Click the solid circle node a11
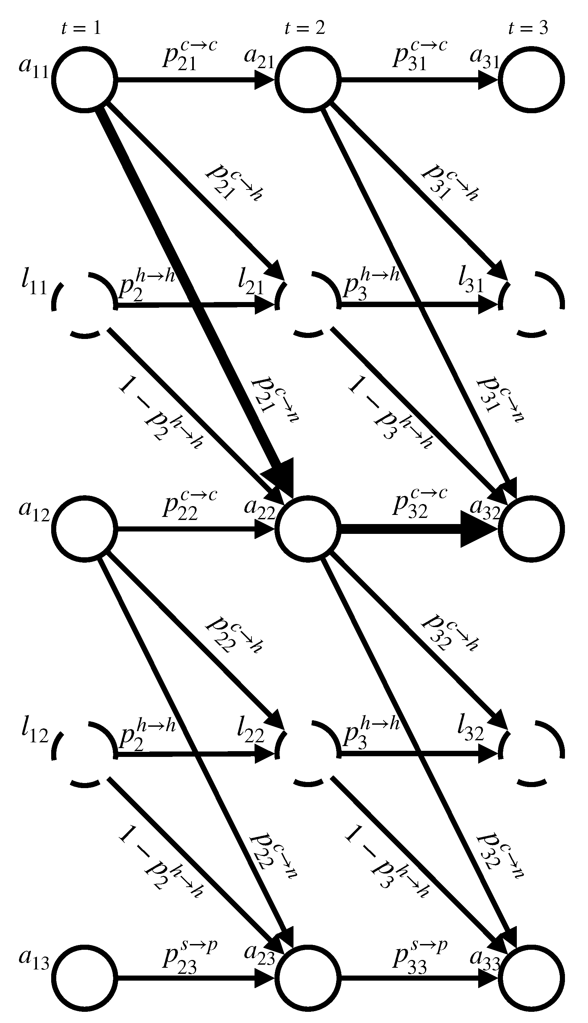click(84, 79)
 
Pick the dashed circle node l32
click(531, 753)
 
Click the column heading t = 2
click(305, 28)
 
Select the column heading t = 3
click(528, 28)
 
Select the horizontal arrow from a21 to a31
click(416, 79)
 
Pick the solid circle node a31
click(531, 79)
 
